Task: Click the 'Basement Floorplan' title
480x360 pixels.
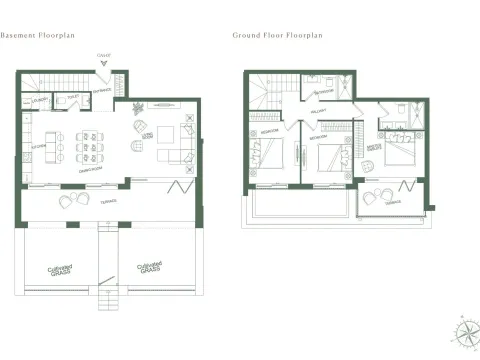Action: pyautogui.click(x=38, y=34)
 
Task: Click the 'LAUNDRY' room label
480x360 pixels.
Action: pyautogui.click(x=41, y=101)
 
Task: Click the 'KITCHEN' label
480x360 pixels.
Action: pyautogui.click(x=40, y=147)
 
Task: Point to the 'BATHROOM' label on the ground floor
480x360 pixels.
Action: pyautogui.click(x=322, y=92)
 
